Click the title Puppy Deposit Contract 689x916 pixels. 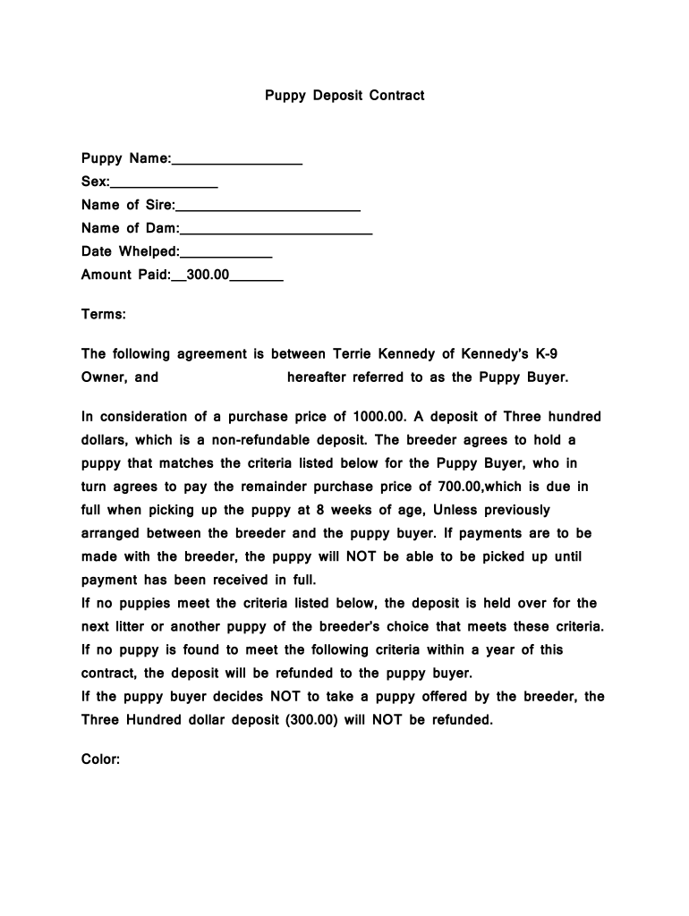coord(344,95)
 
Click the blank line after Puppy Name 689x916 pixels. coord(236,162)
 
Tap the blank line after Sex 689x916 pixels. coord(164,185)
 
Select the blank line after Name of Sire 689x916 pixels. coord(268,208)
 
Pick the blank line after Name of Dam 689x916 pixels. coord(276,232)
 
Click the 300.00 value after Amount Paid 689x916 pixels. coord(208,275)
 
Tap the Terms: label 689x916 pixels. coord(104,315)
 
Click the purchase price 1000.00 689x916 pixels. coord(379,417)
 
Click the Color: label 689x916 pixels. coord(101,759)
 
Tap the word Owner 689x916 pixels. coord(105,377)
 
